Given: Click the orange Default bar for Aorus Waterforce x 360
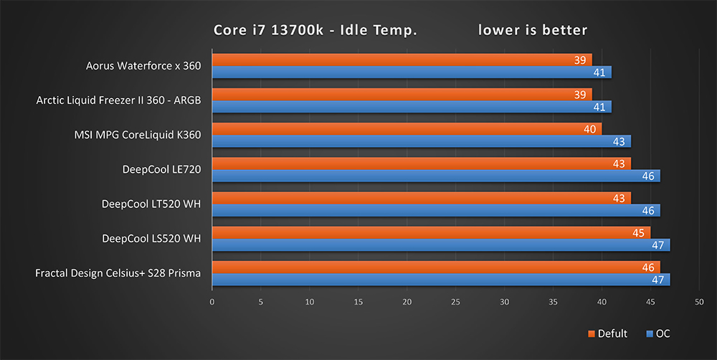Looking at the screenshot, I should [x=402, y=60].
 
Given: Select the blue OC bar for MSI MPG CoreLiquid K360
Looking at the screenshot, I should [x=421, y=141].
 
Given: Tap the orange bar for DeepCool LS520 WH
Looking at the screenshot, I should [x=431, y=232].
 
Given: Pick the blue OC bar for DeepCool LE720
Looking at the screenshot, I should [x=436, y=176].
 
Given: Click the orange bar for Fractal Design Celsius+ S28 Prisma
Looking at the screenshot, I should [x=436, y=267].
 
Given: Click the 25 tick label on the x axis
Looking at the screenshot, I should [x=455, y=302].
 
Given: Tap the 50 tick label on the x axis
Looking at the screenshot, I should [x=699, y=302].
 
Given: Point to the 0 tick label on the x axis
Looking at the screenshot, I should [x=212, y=302].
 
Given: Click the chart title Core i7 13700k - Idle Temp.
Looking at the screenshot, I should [x=315, y=30].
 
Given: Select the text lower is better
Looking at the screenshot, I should [x=533, y=30].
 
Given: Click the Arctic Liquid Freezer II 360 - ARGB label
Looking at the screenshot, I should [x=118, y=100].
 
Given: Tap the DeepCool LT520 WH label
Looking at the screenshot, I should [x=151, y=204].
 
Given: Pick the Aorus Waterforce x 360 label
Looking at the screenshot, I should [x=143, y=66].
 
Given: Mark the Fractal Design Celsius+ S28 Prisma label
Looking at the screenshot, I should [x=118, y=273].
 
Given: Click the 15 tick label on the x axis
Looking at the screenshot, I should [x=358, y=302].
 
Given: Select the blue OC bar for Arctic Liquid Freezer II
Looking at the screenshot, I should [x=412, y=107].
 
